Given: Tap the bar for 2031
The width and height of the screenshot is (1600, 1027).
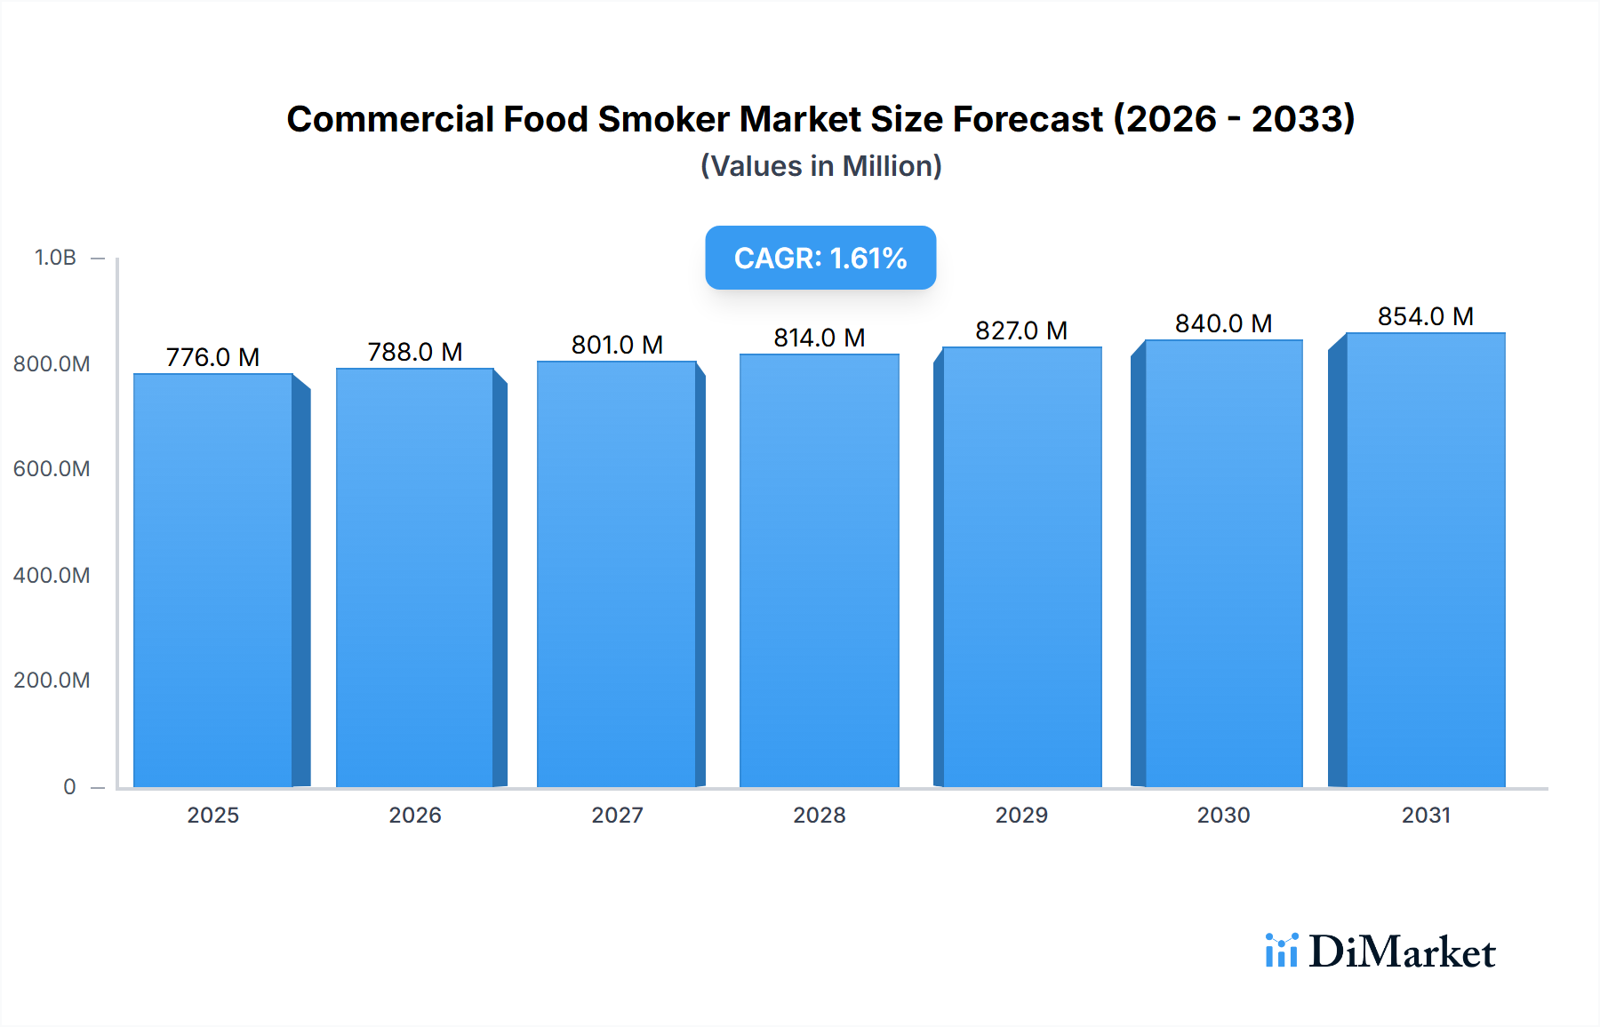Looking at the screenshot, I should (x=1426, y=560).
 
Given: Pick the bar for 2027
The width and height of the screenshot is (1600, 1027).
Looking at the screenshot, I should (x=617, y=574).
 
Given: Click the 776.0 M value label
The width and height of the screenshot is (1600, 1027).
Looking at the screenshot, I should (x=212, y=357).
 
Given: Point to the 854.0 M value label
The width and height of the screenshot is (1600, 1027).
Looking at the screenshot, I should (x=1426, y=316).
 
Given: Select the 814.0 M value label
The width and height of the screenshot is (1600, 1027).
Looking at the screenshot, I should (x=819, y=338).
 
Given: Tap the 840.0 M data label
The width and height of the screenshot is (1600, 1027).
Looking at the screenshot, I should (x=1223, y=323).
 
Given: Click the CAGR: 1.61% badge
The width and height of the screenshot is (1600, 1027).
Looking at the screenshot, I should (x=820, y=258).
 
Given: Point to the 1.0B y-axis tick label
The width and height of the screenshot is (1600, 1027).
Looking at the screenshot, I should (x=55, y=258).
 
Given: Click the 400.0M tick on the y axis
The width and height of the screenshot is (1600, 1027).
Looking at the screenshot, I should (x=52, y=575).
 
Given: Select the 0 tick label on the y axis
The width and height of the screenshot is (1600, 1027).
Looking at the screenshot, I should (x=69, y=786).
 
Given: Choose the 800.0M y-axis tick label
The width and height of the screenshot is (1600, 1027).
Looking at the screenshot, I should (x=52, y=363).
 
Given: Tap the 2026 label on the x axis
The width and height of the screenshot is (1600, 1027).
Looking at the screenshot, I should (x=415, y=815).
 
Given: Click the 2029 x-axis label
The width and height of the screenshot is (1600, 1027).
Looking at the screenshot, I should (x=1021, y=815).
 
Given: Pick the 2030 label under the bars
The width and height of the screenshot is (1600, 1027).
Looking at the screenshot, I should (x=1223, y=815).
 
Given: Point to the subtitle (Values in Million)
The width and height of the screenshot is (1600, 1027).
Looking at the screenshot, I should (x=820, y=166).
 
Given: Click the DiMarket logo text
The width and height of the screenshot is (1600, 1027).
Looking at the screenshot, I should (x=1402, y=951).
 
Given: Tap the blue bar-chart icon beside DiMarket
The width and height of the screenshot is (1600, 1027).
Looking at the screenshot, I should (x=1281, y=950).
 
